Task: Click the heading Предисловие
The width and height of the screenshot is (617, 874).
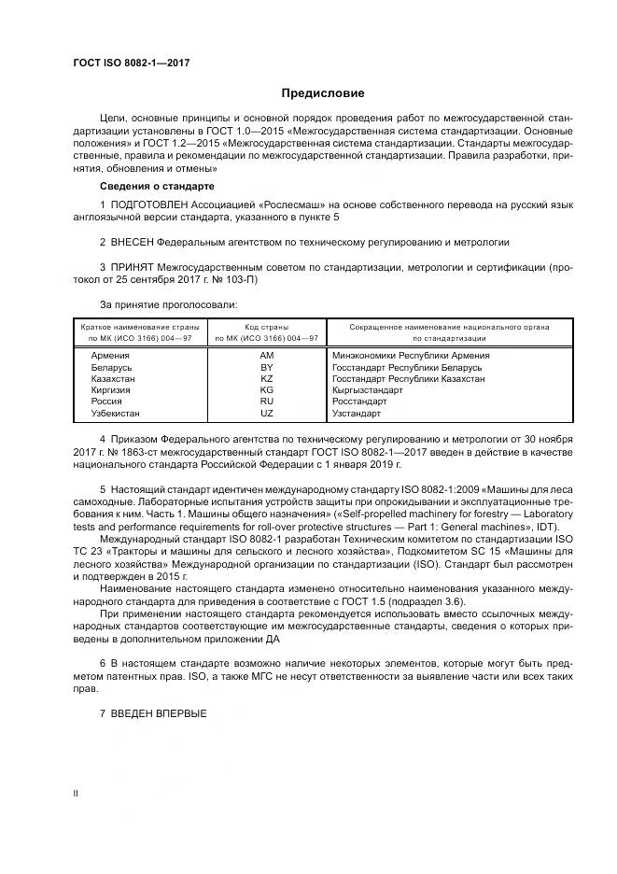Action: coord(324,93)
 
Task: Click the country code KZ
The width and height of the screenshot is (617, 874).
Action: coord(266,380)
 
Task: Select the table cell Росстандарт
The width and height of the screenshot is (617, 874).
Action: coord(359,402)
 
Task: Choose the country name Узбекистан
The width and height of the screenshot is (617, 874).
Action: coord(115,413)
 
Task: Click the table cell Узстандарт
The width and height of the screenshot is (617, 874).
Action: coord(357,413)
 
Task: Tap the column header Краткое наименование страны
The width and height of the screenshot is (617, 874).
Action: coord(135,327)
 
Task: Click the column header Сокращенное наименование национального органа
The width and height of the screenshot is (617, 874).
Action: coord(449,327)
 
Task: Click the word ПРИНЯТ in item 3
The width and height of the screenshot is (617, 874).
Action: coord(133,267)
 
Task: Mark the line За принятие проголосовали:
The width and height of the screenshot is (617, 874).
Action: coord(168,304)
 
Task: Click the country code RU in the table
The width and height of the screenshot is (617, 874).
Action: coord(266,402)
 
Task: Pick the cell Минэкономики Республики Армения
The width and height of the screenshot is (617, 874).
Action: coord(411,355)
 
